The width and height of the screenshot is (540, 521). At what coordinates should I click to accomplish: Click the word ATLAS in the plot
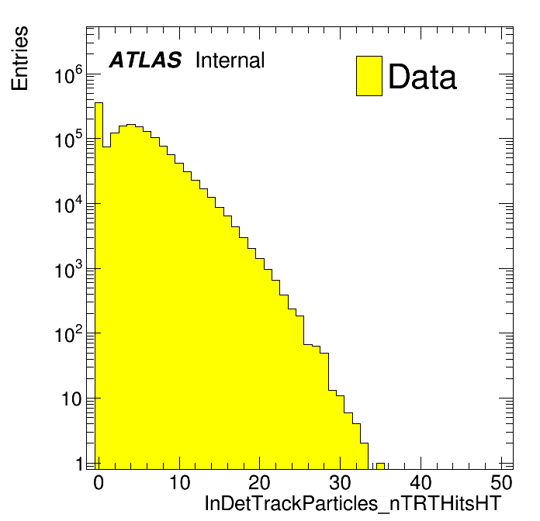145,60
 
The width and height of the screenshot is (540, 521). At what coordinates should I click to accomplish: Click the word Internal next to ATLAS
230,60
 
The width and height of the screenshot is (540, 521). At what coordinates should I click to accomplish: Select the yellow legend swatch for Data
369,76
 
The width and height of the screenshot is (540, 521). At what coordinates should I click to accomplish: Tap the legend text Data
422,77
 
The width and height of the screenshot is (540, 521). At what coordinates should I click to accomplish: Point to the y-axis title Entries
20,58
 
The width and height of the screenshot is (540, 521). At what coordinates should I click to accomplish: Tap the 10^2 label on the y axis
69,335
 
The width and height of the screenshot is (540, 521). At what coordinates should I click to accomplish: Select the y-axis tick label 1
79,464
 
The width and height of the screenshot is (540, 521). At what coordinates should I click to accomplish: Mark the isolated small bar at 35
380,466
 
